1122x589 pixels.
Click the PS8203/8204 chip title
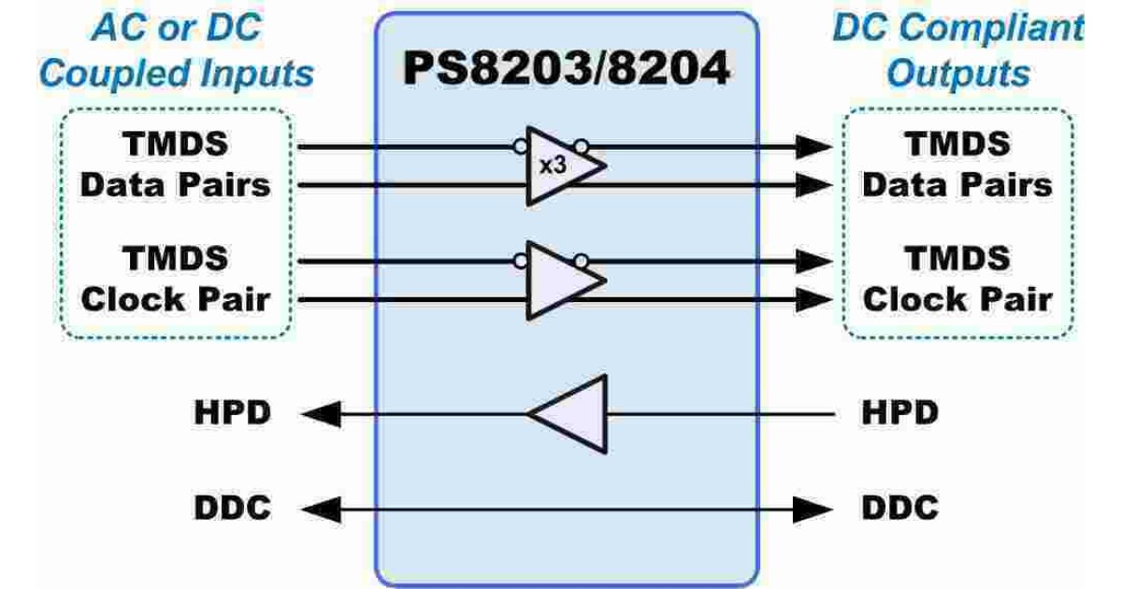pos(566,70)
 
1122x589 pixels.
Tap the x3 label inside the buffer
pos(552,165)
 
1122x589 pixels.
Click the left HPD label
pos(233,413)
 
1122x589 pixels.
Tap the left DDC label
pos(233,509)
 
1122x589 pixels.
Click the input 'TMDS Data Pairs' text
pos(175,165)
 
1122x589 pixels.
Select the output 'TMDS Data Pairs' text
pos(957,165)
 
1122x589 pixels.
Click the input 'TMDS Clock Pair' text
pos(175,280)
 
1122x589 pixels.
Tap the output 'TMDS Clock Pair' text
pos(957,280)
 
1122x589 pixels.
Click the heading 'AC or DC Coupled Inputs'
pos(177,51)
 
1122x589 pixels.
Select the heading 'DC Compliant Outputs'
pos(957,51)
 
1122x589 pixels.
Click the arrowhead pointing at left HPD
pos(318,413)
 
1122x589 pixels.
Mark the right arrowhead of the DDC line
pos(814,509)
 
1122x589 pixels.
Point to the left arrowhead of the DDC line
pos(318,509)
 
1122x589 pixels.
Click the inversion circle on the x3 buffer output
pos(582,146)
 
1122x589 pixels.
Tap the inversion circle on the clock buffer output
pos(582,260)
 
